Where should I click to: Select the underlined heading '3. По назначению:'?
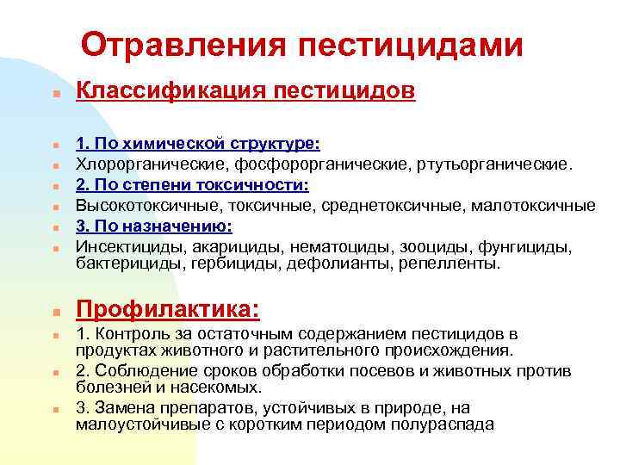pyautogui.click(x=154, y=226)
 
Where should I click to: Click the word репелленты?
pyautogui.click(x=449, y=263)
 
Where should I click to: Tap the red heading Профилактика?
pyautogui.click(x=168, y=308)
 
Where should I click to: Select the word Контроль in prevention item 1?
pyautogui.click(x=127, y=333)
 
